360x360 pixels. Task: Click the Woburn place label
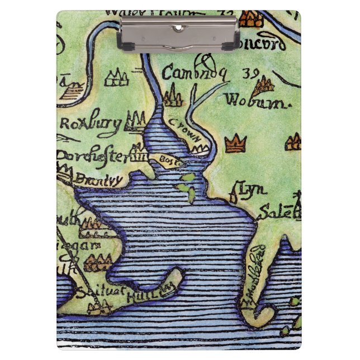pyautogui.click(x=250, y=101)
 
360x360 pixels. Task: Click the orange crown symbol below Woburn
pyautogui.click(x=236, y=143)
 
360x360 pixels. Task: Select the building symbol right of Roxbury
pyautogui.click(x=134, y=120)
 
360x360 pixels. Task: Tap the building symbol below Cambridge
pyautogui.click(x=173, y=96)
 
